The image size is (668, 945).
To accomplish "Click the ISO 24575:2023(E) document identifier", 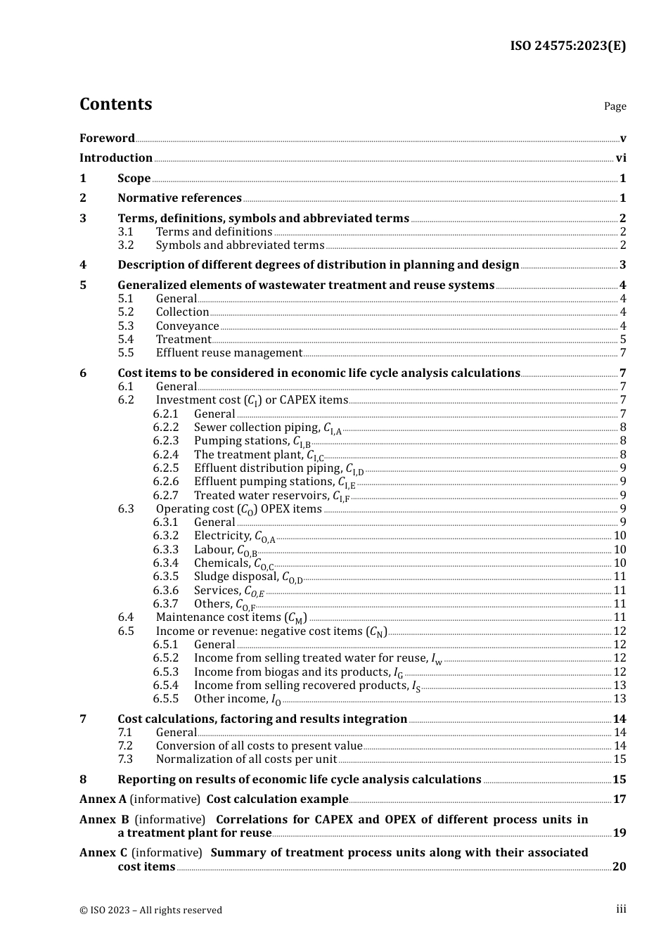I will [567, 46].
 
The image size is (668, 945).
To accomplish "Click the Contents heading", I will [115, 104].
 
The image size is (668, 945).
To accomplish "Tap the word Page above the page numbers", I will [615, 106].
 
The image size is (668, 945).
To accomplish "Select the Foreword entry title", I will [107, 138].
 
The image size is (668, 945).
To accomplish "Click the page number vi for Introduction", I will [621, 158].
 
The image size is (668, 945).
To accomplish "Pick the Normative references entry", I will [179, 198].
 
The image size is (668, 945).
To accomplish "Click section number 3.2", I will [126, 245].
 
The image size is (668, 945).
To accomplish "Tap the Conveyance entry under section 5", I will [187, 326].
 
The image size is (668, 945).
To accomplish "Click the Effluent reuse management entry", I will [229, 353].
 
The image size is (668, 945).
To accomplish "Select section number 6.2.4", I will [166, 455].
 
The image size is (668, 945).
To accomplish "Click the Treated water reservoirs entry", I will [271, 496].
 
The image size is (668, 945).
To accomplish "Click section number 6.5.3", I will [166, 672].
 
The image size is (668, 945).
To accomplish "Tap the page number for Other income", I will [619, 699].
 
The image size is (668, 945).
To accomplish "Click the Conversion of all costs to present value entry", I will [259, 746].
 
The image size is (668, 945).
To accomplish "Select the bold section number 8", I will [83, 780].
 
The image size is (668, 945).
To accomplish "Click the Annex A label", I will [103, 799].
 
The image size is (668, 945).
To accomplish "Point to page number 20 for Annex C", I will [619, 867].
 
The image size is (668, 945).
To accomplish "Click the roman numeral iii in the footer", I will [621, 909].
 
